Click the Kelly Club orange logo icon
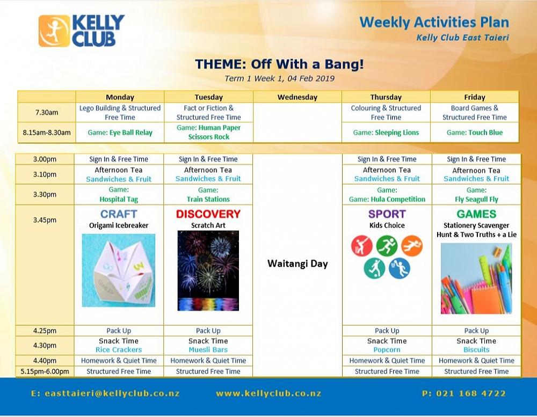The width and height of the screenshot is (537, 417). (x=54, y=31)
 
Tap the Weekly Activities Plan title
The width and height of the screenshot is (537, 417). (x=434, y=23)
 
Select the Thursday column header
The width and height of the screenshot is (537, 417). (x=386, y=97)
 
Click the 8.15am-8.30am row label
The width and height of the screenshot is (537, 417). (x=47, y=133)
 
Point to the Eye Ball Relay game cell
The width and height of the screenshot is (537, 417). (x=120, y=133)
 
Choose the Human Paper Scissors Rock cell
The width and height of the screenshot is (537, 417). (x=208, y=132)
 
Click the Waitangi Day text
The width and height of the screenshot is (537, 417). (x=297, y=264)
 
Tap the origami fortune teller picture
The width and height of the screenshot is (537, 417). (x=119, y=270)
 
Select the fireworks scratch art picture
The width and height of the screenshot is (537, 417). (x=208, y=271)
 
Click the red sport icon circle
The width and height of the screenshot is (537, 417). (x=361, y=245)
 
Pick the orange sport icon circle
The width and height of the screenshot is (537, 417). (x=412, y=245)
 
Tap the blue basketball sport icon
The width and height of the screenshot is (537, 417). (x=400, y=268)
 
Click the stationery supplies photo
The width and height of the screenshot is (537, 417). (x=476, y=279)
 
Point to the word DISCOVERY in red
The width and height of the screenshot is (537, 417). (x=208, y=214)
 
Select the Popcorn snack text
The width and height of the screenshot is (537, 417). (x=387, y=350)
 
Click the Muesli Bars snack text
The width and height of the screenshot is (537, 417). (x=208, y=350)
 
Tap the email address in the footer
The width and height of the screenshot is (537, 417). (x=105, y=394)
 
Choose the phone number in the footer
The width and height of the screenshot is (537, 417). (x=464, y=394)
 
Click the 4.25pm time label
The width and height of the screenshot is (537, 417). (x=45, y=331)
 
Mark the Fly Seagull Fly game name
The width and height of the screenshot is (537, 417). (x=476, y=199)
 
